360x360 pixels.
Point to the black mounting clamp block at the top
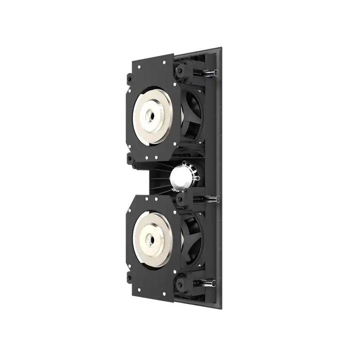pos(185,69)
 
